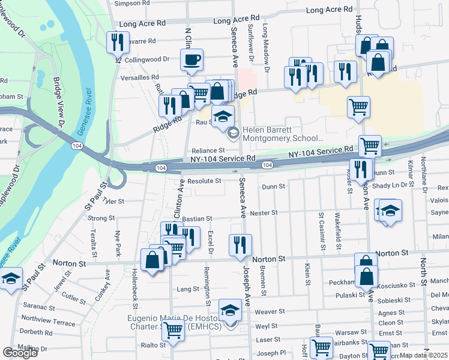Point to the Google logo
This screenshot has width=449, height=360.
(20, 352)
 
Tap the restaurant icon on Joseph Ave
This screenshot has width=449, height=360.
(240, 244)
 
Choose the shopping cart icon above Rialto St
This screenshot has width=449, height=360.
(173, 329)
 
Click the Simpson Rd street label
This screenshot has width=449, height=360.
(131, 3)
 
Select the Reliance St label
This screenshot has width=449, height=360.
(208, 151)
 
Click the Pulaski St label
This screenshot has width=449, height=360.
(351, 295)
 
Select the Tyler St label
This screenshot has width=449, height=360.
(113, 202)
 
